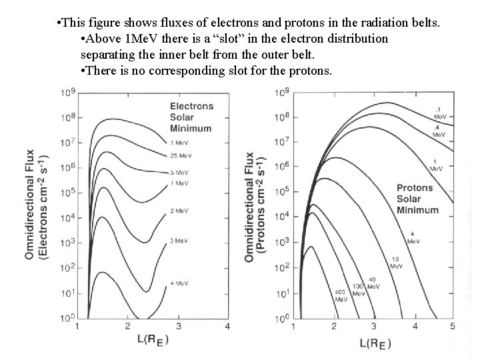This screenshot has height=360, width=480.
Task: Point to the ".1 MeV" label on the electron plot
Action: pyautogui.click(x=178, y=143)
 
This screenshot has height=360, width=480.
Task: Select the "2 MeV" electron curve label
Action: pyautogui.click(x=179, y=210)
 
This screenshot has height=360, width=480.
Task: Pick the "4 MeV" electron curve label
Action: pyautogui.click(x=179, y=283)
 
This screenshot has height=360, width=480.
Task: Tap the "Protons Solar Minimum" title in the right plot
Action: pyautogui.click(x=414, y=199)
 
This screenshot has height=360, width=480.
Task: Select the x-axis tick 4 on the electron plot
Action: pyautogui.click(x=227, y=326)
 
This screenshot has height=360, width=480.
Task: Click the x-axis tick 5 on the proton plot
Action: pyautogui.click(x=453, y=326)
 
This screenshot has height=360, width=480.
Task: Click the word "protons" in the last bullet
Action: pyautogui.click(x=308, y=71)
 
